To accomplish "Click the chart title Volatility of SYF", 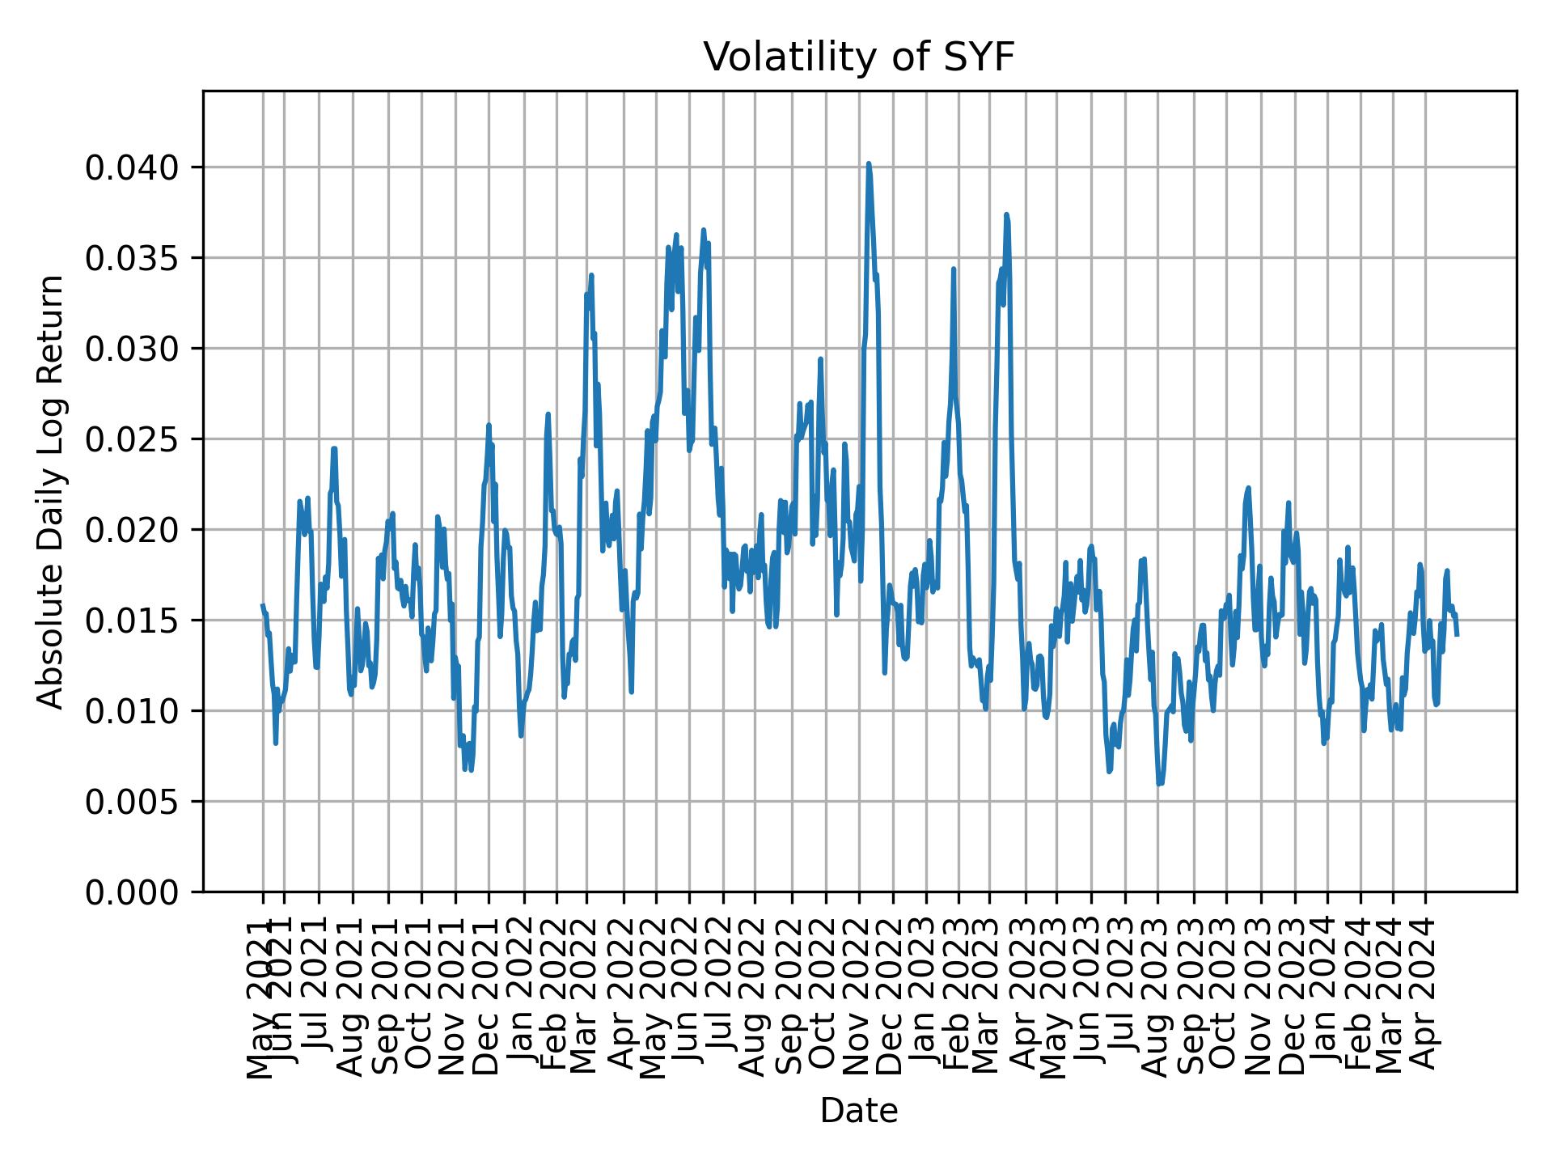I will tap(858, 58).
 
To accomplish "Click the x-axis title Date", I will tap(858, 1111).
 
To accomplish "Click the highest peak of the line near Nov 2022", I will tap(868, 163).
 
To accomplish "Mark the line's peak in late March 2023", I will tap(1006, 214).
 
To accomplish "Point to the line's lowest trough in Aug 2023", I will tap(1159, 784).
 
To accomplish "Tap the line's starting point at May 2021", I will tap(262, 604).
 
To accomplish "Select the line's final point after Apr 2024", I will tap(1457, 635).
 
